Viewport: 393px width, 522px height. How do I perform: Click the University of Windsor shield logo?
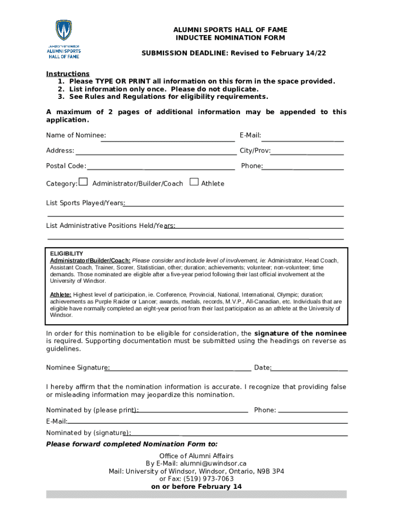click(x=64, y=31)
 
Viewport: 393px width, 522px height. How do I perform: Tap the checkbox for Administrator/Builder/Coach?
click(x=84, y=182)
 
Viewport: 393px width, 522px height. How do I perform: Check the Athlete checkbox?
click(x=193, y=182)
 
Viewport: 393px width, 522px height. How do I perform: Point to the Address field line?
click(x=156, y=153)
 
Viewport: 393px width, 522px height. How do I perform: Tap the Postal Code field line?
click(x=160, y=168)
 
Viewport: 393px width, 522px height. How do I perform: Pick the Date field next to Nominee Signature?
click(x=309, y=370)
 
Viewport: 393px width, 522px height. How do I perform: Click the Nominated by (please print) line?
click(x=192, y=412)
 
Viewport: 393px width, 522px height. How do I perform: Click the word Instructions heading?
click(x=67, y=73)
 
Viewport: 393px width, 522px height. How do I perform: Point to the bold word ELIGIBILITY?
click(x=66, y=253)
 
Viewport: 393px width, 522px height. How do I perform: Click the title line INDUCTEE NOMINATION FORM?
click(x=230, y=38)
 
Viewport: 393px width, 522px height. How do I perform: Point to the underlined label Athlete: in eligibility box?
click(x=60, y=295)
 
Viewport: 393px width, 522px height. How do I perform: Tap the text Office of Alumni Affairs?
click(x=196, y=456)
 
